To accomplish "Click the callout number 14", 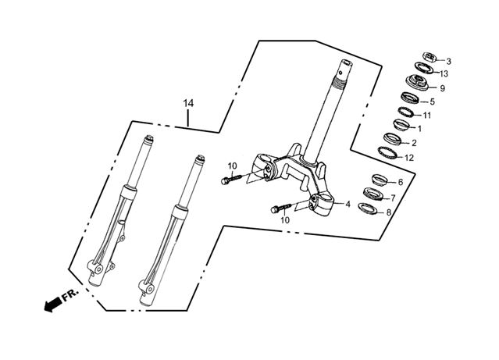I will tap(187, 104).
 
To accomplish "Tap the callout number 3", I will tap(447, 61).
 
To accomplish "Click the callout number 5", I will tap(432, 102).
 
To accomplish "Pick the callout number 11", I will tap(427, 115).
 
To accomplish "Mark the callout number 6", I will tap(400, 182).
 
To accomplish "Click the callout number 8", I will tap(390, 212).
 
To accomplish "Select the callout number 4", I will tap(348, 205).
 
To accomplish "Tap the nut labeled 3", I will tap(427, 57).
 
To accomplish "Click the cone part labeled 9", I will tap(418, 83).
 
